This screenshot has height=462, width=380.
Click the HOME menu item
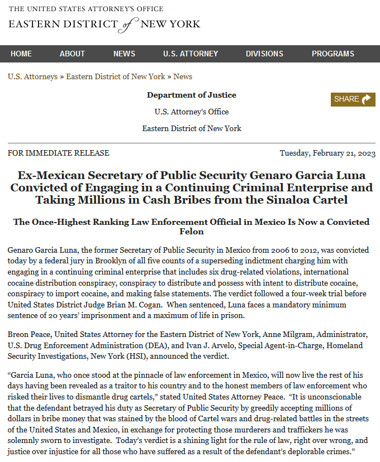point(21,54)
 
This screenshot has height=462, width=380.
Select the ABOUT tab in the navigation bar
point(72,54)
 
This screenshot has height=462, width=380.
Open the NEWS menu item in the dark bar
point(124,54)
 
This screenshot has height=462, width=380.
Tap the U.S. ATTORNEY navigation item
point(191,54)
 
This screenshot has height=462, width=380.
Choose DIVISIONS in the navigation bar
point(264,54)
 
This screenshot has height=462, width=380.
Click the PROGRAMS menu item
point(332,54)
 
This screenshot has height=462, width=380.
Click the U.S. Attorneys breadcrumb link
point(32,76)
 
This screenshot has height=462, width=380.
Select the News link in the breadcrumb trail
point(183,76)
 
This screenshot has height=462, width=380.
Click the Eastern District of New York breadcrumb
point(116,76)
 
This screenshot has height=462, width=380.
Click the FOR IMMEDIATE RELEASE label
point(59,153)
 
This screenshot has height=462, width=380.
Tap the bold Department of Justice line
point(191,95)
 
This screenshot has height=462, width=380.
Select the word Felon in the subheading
point(192,231)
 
